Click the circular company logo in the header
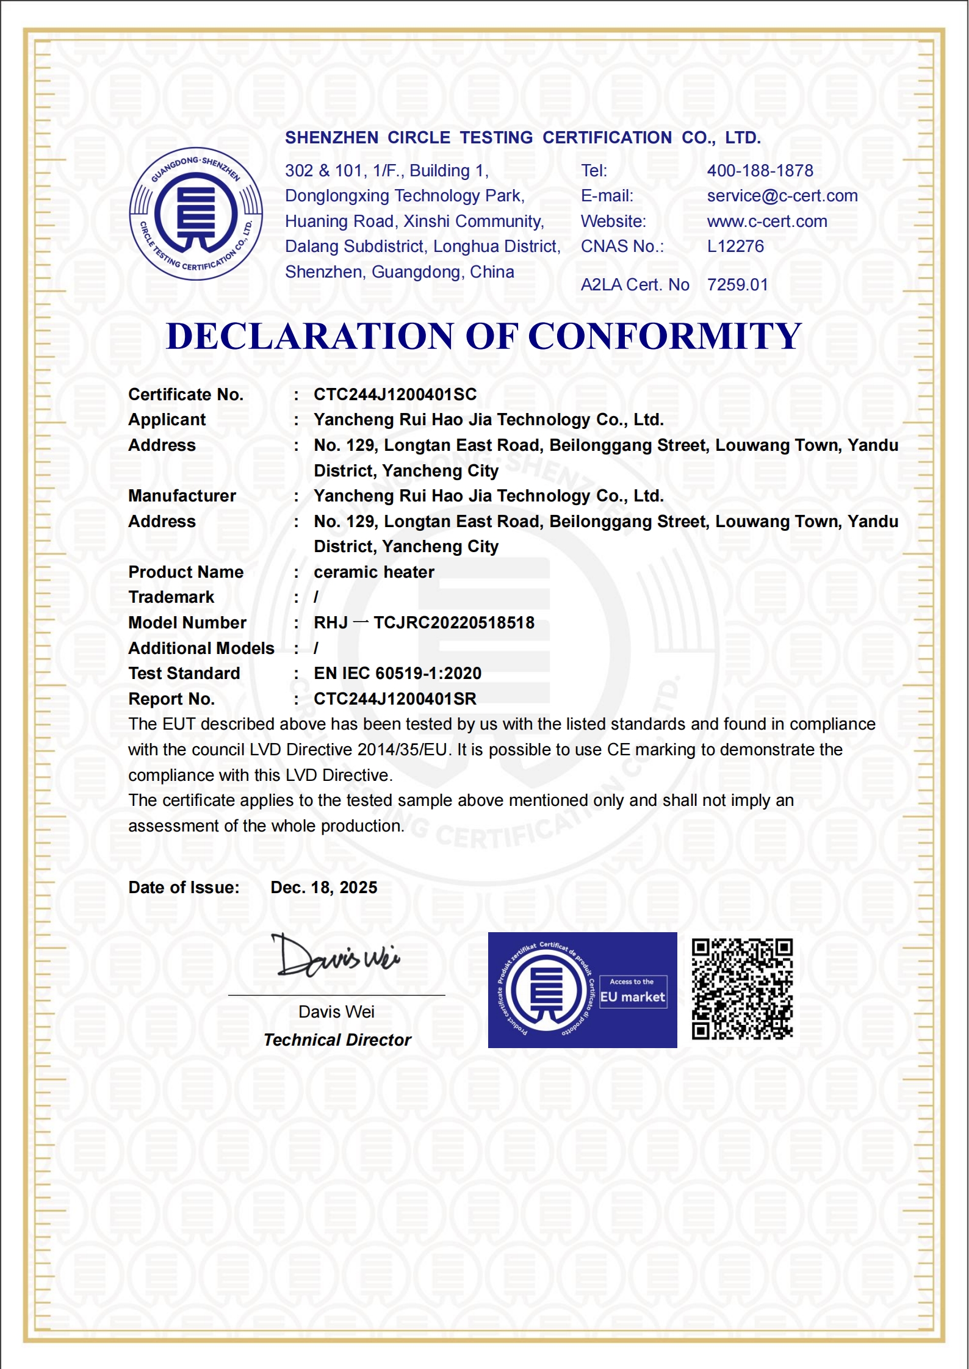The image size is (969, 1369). tap(196, 214)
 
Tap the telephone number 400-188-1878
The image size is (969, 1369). tap(760, 171)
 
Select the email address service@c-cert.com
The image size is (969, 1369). tap(782, 196)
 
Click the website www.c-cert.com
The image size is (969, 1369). tap(767, 221)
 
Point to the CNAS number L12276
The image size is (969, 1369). tap(735, 246)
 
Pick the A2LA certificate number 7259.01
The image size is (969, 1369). tap(737, 285)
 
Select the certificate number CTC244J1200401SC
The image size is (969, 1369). tap(395, 395)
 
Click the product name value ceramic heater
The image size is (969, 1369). tap(373, 572)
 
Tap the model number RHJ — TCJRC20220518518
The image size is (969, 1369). tap(423, 623)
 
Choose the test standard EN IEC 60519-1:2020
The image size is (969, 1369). tap(397, 674)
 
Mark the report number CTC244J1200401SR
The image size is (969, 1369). tap(395, 699)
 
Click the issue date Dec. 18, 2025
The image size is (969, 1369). tap(323, 888)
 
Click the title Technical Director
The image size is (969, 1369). tap(337, 1040)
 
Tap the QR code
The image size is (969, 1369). tap(742, 989)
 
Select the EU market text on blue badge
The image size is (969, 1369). tap(632, 997)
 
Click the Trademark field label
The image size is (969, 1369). tap(171, 597)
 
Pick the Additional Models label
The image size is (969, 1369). tap(201, 649)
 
